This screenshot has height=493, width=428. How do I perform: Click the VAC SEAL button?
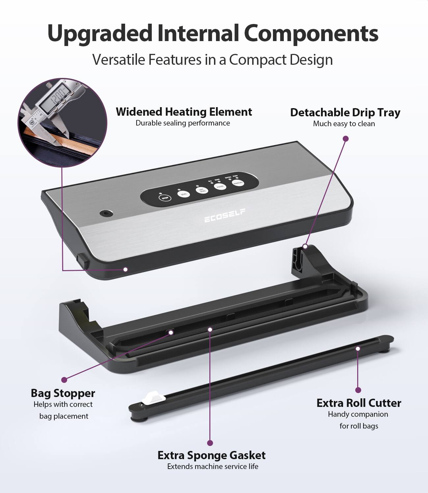click(201, 190)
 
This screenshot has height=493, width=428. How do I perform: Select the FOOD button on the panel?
click(220, 186)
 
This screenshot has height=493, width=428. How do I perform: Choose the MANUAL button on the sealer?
click(238, 183)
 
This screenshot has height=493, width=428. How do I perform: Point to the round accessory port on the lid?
click(105, 214)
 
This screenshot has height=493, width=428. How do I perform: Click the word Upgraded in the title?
click(100, 33)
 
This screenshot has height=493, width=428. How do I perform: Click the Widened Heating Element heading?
click(184, 112)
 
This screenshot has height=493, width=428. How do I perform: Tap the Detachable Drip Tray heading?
click(345, 112)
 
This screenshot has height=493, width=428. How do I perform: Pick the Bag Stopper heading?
click(63, 393)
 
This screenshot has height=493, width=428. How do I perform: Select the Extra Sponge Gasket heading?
click(211, 455)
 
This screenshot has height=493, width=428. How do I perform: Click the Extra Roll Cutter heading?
click(359, 403)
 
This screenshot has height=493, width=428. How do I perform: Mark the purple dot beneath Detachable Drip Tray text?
click(345, 139)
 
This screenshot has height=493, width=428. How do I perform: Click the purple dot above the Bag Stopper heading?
click(64, 380)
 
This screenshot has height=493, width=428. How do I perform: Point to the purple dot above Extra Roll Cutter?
click(358, 390)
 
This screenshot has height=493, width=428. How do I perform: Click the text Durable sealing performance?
click(183, 123)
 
